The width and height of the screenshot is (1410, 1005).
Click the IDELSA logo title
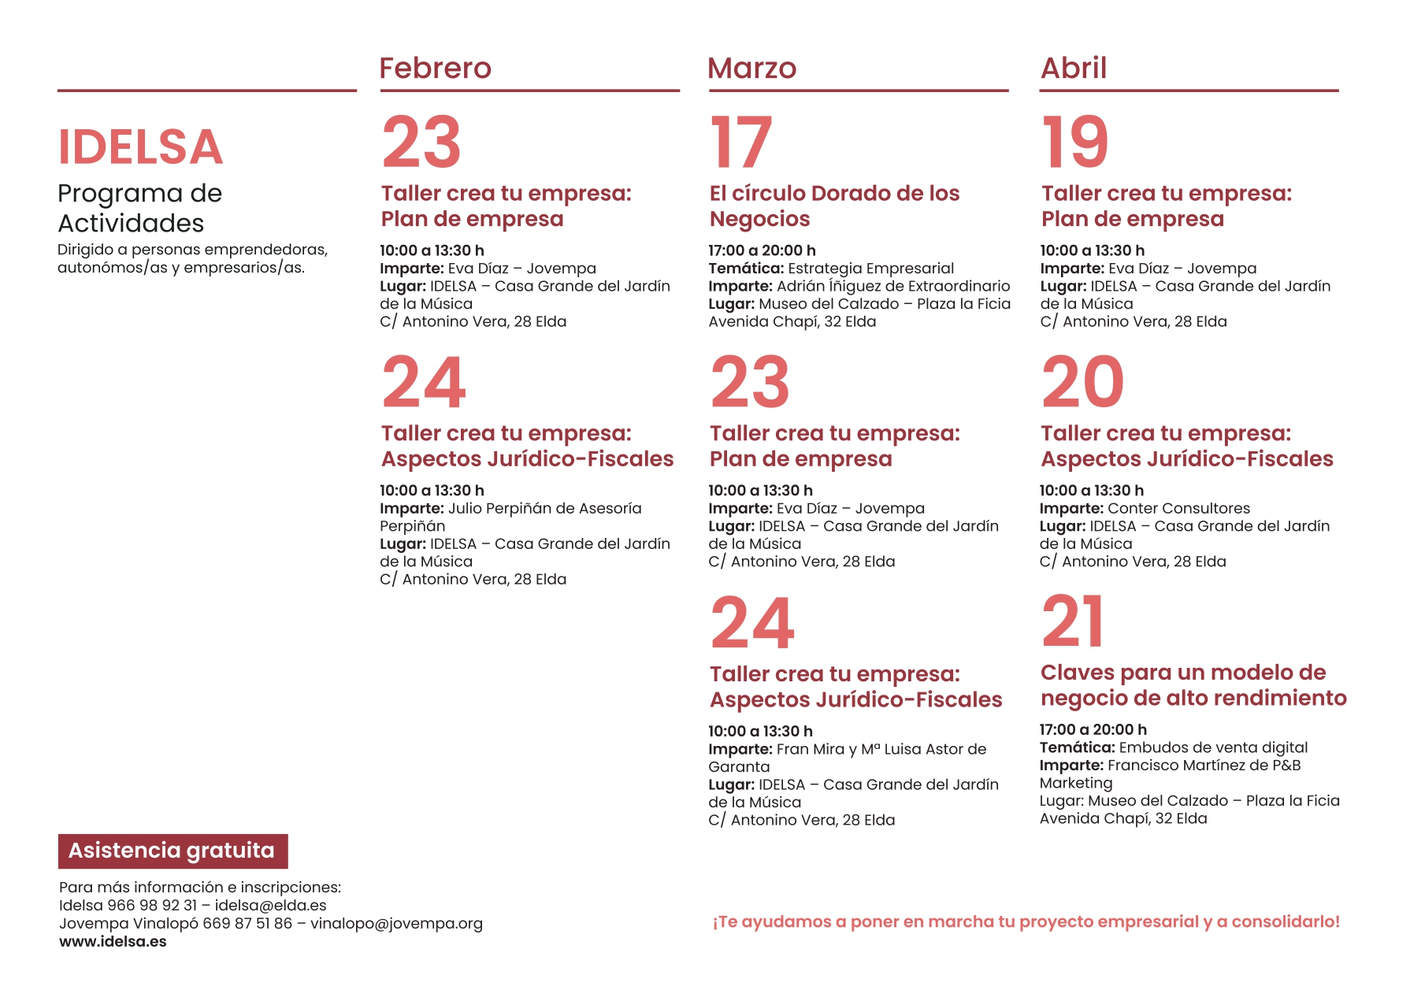[140, 147]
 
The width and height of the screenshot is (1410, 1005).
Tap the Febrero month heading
[435, 69]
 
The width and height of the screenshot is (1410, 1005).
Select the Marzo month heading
[751, 69]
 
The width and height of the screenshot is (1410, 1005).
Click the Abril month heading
[1073, 69]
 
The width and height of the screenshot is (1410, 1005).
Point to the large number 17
[740, 143]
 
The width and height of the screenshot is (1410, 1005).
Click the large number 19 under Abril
[1074, 143]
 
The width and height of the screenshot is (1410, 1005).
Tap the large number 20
[1082, 383]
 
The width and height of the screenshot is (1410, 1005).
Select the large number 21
[1072, 622]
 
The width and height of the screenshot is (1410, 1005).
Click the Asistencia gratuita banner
[173, 851]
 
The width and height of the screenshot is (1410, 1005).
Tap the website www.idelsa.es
[113, 941]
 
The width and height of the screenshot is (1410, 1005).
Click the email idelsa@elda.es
[270, 906]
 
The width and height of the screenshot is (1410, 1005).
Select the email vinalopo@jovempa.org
[396, 923]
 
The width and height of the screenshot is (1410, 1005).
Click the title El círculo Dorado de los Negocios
[834, 206]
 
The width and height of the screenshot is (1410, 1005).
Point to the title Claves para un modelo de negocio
[1193, 685]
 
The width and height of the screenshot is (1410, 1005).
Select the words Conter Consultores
[1178, 509]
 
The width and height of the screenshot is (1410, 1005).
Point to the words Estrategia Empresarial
[870, 269]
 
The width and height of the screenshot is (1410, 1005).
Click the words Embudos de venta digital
[1212, 747]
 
